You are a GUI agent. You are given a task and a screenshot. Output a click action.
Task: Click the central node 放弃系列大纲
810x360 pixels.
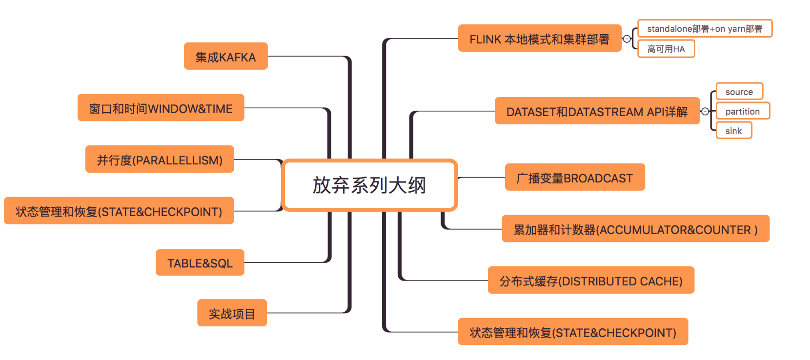coord(369,185)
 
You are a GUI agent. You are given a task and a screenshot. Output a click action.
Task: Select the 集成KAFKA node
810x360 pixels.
coord(225,57)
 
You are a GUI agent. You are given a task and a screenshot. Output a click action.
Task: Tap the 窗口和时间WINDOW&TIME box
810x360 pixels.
coord(161,108)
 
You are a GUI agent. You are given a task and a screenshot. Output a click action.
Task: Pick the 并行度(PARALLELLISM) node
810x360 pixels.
coord(160,160)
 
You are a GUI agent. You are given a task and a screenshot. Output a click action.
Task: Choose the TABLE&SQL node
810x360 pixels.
coord(200,263)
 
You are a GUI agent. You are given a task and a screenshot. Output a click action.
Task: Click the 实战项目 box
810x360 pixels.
coord(232,313)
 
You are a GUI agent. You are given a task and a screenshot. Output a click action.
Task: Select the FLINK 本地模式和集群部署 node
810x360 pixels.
coord(539,39)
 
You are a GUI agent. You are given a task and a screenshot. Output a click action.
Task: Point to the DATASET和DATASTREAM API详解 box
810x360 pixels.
coord(597,111)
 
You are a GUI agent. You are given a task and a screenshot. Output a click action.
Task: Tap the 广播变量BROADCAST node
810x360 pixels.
coord(574,178)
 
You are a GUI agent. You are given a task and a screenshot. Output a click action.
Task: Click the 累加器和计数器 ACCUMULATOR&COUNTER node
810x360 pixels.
coord(635,229)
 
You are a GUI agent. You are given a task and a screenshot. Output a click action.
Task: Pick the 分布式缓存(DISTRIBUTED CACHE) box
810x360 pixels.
coord(590,280)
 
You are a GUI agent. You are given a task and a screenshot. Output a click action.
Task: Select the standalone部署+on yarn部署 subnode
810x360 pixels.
coord(705,29)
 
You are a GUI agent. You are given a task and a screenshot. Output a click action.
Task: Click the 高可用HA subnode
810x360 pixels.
coord(666,49)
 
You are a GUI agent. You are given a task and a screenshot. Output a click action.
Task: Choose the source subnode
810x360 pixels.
coord(739,92)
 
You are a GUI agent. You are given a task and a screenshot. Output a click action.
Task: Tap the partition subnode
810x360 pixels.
coord(742,111)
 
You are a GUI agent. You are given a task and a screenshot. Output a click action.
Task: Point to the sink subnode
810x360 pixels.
coord(733,131)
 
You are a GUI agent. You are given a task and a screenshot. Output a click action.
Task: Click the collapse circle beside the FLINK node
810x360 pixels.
coord(627,39)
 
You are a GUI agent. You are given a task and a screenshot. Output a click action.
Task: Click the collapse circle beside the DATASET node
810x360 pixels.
coord(705,111)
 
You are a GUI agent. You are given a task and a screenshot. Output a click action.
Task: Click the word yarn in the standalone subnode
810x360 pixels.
coord(736,29)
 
